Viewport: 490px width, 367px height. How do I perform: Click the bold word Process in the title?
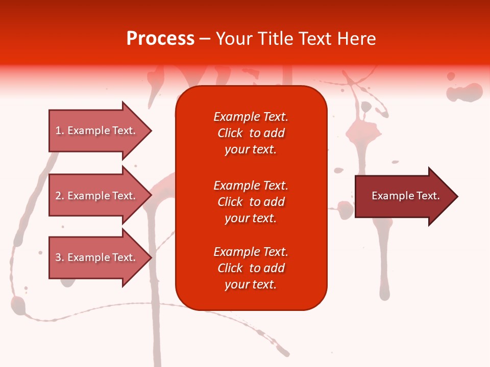(x=160, y=39)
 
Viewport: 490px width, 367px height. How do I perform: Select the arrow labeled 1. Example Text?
(x=97, y=130)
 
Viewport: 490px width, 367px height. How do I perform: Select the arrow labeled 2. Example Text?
(x=97, y=196)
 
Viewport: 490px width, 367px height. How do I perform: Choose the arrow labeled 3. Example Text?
(x=97, y=257)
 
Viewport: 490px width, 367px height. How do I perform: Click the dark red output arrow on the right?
(x=403, y=196)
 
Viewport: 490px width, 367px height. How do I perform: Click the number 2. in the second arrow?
(x=59, y=196)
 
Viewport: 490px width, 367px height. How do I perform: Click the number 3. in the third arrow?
(x=59, y=257)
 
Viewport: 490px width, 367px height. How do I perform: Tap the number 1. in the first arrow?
(x=59, y=130)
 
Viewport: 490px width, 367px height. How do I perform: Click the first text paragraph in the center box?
(x=251, y=133)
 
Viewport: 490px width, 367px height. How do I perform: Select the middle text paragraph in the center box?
(x=251, y=202)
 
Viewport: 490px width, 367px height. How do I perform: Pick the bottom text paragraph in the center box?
(x=251, y=268)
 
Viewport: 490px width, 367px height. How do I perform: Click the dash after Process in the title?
(x=205, y=39)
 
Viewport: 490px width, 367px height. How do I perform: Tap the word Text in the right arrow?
(x=428, y=196)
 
